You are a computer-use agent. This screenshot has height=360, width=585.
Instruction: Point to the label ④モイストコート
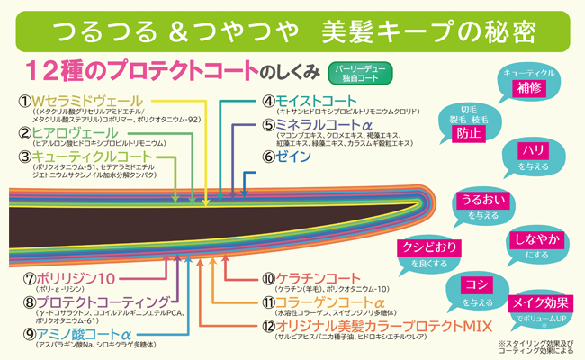[310, 101]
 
